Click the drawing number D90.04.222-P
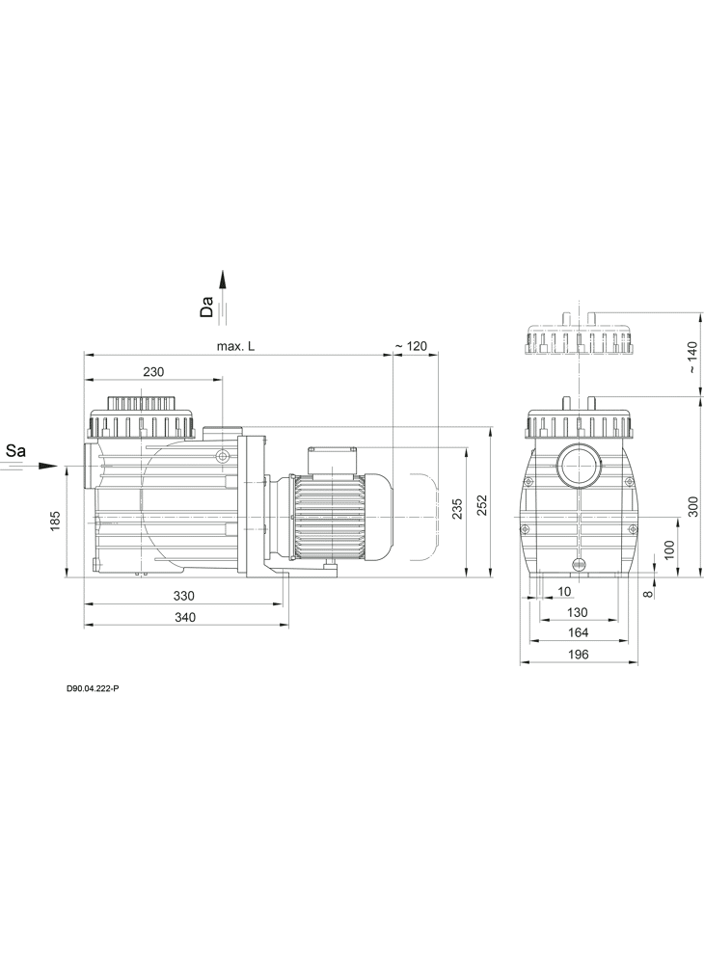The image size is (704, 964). pyautogui.click(x=93, y=689)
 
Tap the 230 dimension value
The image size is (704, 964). pyautogui.click(x=153, y=372)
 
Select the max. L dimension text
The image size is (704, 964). pyautogui.click(x=235, y=347)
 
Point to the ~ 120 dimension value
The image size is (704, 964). pyautogui.click(x=411, y=347)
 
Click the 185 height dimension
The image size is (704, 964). pyautogui.click(x=55, y=521)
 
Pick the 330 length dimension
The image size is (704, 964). pyautogui.click(x=184, y=596)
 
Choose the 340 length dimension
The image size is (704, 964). pyautogui.click(x=185, y=617)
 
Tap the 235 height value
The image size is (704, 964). pyautogui.click(x=457, y=508)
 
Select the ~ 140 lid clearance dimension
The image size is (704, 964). pyautogui.click(x=693, y=358)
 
